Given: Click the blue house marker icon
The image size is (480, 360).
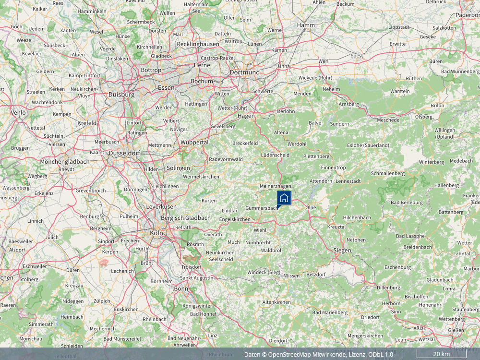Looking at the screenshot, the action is pos(284,198).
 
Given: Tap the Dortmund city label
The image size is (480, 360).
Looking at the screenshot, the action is pos(244,72).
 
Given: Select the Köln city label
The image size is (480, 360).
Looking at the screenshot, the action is pos(156,233).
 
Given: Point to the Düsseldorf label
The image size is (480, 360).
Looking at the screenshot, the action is pos(124,153).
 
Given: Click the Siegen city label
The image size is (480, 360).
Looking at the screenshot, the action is pos(342,250).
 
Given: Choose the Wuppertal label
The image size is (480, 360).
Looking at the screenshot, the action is pos(194,143).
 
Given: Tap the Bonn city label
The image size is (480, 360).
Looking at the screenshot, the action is pos(181,288).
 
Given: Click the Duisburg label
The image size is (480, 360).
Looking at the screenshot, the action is pos(121,95).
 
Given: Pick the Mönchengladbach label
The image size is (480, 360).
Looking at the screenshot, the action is pos(65,162).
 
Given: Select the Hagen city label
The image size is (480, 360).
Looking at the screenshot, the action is pos(246,116).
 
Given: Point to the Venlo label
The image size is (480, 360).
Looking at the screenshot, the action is pos(18,112).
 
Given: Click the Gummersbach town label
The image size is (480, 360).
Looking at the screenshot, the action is pos(261,208).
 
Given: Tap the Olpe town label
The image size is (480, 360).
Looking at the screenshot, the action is pos(311,207).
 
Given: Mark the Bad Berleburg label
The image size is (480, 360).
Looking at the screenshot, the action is pos(407,202).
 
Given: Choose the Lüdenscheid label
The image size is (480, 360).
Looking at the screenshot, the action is pos(275,155).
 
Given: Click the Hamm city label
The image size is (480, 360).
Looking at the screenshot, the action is pos(306,25).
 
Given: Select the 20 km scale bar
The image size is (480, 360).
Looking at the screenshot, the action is pos(441,354).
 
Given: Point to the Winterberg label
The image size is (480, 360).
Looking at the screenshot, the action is pos(431,162).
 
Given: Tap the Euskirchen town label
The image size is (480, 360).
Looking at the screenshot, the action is pos(127,310).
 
